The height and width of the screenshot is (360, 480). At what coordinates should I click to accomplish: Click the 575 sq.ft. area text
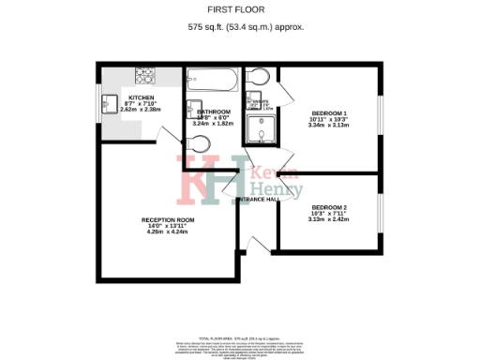(239, 28)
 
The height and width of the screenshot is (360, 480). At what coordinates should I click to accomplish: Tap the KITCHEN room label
(141, 97)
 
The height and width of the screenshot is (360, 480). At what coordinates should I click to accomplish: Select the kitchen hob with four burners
(146, 73)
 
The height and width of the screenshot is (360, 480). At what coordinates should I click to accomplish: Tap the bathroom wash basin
(194, 106)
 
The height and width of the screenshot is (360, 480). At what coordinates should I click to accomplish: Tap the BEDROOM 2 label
(329, 206)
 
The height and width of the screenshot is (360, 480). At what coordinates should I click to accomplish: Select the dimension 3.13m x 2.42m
(329, 219)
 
